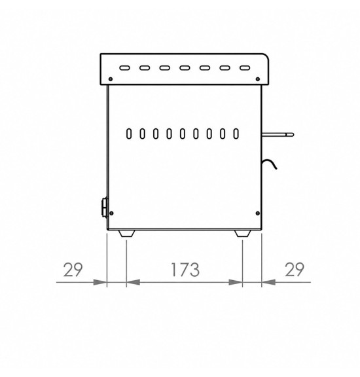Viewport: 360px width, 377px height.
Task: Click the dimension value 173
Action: pos(185,270)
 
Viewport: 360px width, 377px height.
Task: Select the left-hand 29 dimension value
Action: pos(73,270)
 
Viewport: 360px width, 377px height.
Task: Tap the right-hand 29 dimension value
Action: pos(295,270)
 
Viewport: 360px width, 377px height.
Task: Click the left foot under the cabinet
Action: pos(127,234)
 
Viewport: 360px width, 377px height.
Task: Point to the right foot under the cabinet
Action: pos(243,234)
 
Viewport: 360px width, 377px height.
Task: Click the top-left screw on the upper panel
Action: pos(111,79)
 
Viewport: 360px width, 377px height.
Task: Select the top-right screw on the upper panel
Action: pos(258,79)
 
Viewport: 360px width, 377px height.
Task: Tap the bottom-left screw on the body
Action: pos(111,213)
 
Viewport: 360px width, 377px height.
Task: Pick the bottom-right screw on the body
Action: pos(258,213)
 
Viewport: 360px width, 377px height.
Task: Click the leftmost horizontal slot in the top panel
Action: pos(124,68)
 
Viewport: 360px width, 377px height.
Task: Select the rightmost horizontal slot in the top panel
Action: pos(245,68)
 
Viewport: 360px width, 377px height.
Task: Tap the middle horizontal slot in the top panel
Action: pos(185,68)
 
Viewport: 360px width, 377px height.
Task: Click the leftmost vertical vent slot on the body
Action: pos(129,134)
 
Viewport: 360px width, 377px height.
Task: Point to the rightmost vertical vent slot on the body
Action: pos(236,134)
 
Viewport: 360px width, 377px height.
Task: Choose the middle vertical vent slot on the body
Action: pos(183,134)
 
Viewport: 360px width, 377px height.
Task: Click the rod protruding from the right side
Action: pos(278,135)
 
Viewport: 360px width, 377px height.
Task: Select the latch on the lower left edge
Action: pos(105,207)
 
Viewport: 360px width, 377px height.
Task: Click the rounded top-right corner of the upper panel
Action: pos(266,56)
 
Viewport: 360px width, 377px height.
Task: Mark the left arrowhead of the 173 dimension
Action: pos(133,282)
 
